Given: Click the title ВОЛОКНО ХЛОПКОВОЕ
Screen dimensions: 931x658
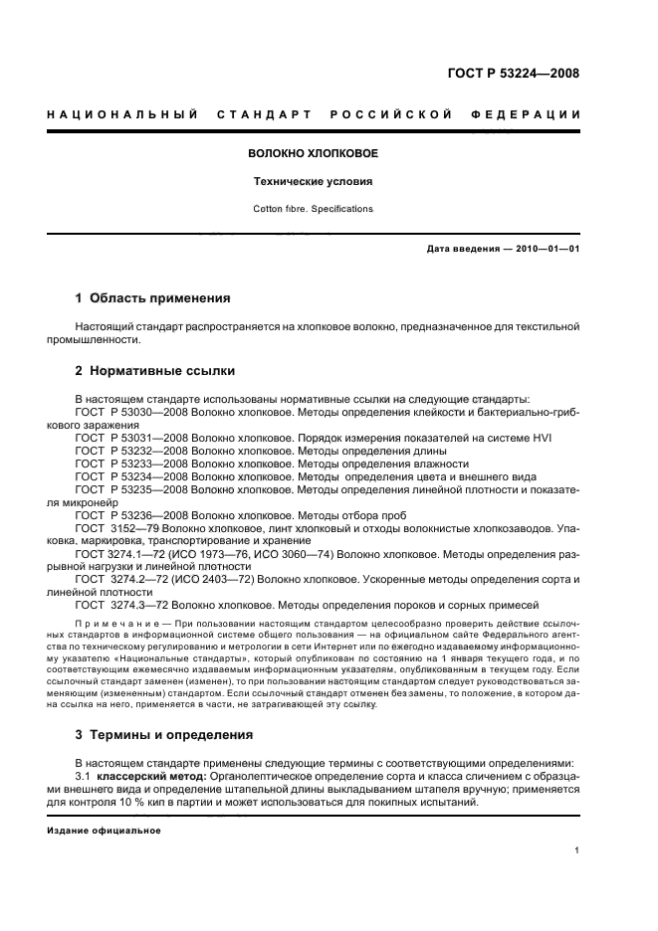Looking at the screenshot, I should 312,155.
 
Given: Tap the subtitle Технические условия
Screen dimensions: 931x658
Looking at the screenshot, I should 312,183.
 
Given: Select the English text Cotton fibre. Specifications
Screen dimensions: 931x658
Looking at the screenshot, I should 312,209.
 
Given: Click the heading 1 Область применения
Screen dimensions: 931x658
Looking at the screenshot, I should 153,297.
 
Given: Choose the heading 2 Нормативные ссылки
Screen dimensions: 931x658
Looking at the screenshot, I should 155,370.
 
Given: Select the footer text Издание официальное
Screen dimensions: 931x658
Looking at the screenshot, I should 105,831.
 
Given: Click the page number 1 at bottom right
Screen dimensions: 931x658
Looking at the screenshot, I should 577,850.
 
